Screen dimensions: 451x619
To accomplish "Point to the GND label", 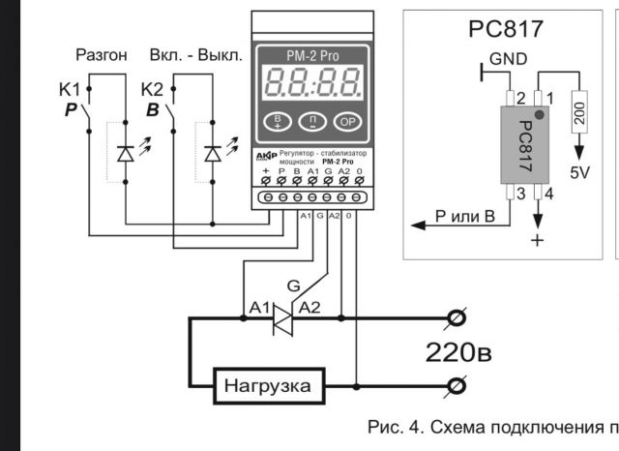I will pyautogui.click(x=508, y=59).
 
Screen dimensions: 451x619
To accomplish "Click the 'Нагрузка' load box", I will pyautogui.click(x=269, y=386).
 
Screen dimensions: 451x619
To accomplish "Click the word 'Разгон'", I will pyautogui.click(x=101, y=55).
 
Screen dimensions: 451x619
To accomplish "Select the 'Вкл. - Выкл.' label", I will pyautogui.click(x=196, y=55).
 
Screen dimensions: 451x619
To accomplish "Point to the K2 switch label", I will pyautogui.click(x=153, y=90).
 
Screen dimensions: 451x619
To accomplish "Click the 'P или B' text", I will pyautogui.click(x=464, y=215).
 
